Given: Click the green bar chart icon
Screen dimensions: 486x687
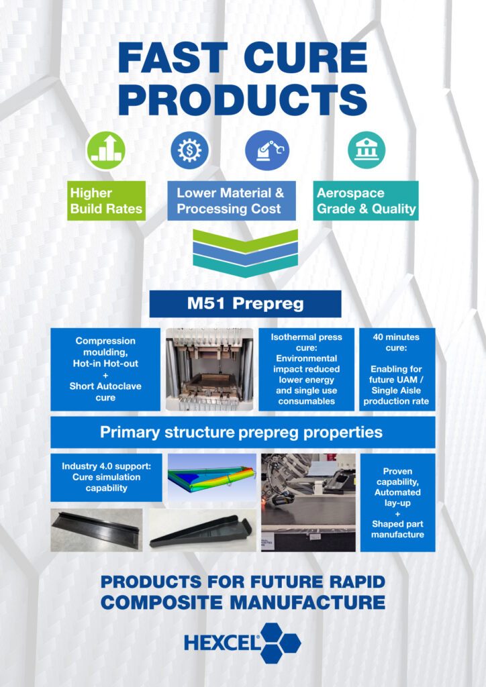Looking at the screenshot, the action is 105,151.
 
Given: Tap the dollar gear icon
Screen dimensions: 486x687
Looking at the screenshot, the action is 190,151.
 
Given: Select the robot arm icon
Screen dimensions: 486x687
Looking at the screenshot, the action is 267,151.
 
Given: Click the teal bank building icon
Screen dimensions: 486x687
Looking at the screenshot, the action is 367,150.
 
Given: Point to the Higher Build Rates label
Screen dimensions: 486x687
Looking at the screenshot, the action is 106,201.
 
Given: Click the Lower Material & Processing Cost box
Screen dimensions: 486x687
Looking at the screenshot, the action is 232,201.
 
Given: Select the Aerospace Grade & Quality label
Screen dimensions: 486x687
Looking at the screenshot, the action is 365,201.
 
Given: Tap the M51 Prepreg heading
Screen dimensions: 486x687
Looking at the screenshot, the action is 246,304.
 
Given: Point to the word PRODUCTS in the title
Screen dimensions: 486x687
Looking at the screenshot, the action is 243,100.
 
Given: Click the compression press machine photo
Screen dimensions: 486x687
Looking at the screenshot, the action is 209,370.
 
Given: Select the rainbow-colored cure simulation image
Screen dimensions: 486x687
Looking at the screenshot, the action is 212,478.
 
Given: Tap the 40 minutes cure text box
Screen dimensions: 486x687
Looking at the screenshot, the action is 397,370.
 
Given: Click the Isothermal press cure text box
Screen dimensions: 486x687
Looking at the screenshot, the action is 306,370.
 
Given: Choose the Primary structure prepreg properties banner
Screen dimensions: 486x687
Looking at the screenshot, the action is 243,433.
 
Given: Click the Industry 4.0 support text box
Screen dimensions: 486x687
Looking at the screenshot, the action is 106,478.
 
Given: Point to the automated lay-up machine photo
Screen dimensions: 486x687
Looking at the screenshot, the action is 309,503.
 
